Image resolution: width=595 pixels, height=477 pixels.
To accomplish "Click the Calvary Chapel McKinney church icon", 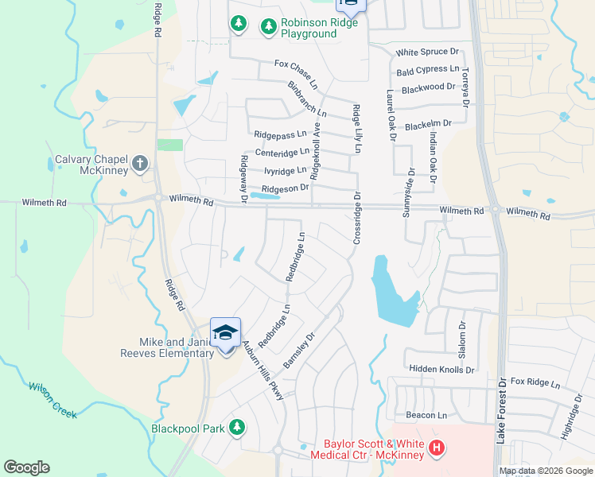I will pyautogui.click(x=140, y=164).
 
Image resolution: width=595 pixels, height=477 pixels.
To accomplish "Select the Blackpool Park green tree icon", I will pyautogui.click(x=236, y=428).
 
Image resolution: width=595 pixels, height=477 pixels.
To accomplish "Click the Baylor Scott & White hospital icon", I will pyautogui.click(x=436, y=448).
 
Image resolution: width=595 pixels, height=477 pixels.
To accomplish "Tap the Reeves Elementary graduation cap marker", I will pyautogui.click(x=225, y=332).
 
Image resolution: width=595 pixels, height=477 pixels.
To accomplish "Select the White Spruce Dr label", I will pyautogui.click(x=429, y=52).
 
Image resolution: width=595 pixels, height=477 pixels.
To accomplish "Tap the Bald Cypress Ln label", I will pyautogui.click(x=428, y=72).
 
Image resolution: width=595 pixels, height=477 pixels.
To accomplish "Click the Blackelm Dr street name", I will pyautogui.click(x=428, y=124).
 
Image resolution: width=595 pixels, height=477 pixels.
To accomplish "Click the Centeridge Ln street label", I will pyautogui.click(x=282, y=152).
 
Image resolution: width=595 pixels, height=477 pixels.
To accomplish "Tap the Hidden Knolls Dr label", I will pyautogui.click(x=441, y=370).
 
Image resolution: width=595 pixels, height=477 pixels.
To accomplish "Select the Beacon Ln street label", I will pyautogui.click(x=426, y=415).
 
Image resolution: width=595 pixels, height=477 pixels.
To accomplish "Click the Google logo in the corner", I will pyautogui.click(x=26, y=467).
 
